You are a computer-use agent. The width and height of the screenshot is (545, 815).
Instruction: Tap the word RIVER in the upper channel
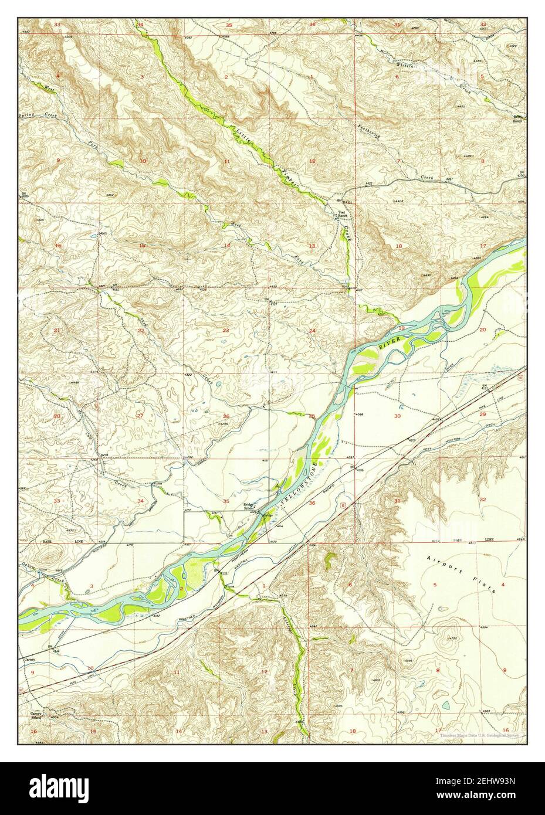pos(392,342)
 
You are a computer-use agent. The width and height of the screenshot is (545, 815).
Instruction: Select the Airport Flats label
pos(462,573)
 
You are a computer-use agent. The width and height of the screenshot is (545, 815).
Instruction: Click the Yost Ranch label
pos(341,214)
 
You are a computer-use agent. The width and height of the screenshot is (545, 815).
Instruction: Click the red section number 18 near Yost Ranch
pos(399,246)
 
